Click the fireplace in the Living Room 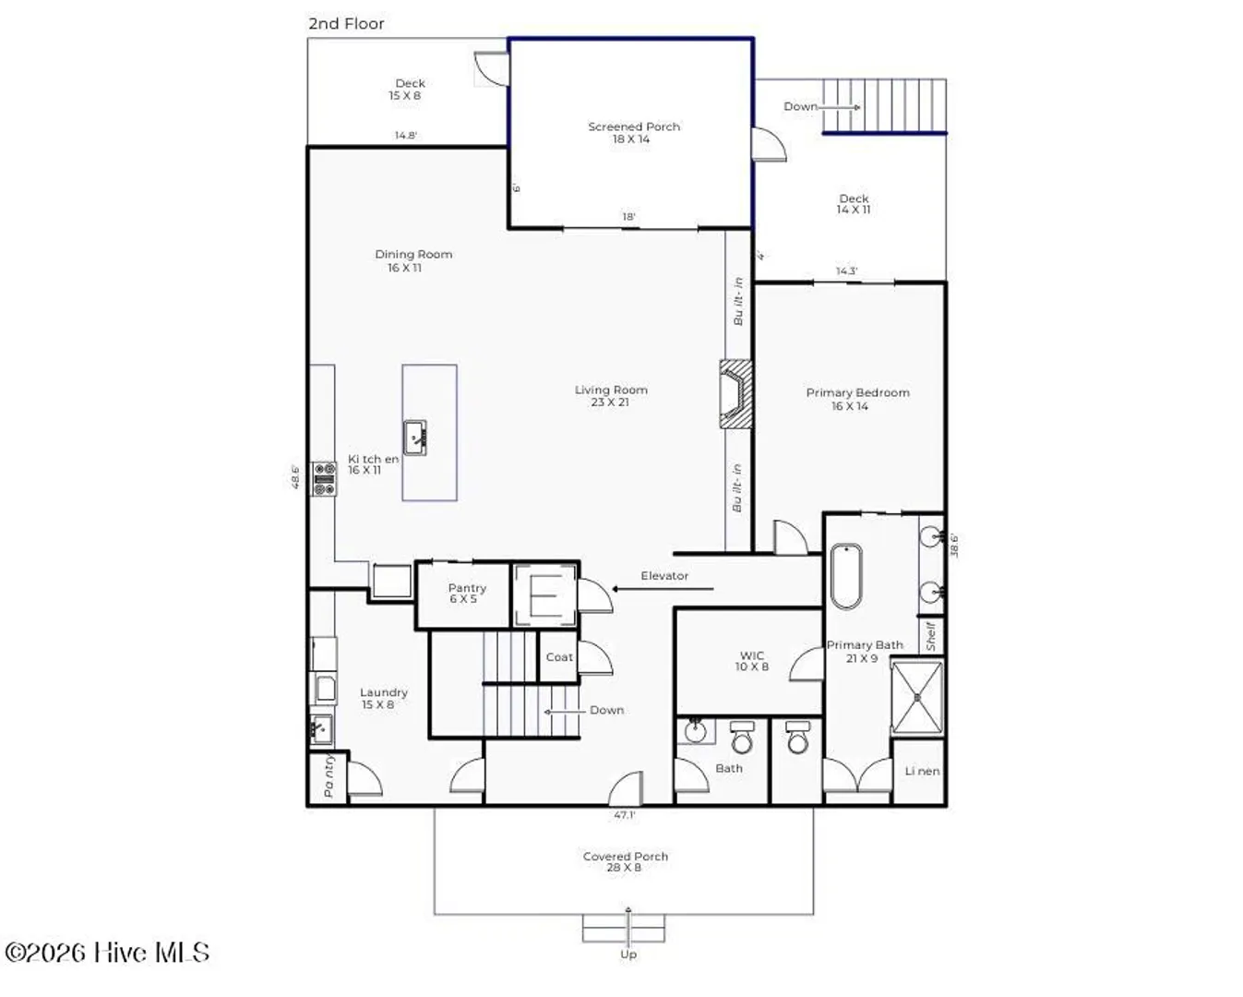(735, 393)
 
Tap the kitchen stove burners (324, 478)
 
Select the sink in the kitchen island (414, 438)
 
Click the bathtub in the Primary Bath (845, 576)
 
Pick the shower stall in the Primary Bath (917, 698)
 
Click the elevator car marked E (545, 595)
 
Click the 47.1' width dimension (625, 815)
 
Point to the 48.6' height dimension (295, 477)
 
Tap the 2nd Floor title (346, 24)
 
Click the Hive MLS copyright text (107, 953)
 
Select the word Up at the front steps (628, 955)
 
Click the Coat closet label (559, 657)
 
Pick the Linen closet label (922, 771)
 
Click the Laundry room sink (321, 729)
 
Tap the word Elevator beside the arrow (664, 576)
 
